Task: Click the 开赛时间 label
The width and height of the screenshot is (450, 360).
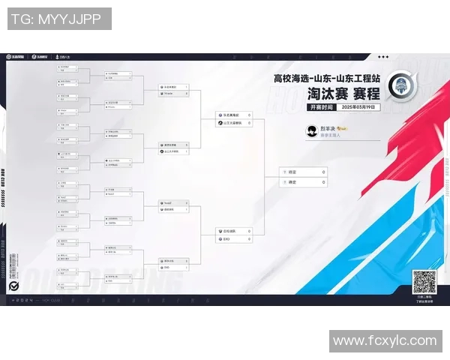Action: coord(319,107)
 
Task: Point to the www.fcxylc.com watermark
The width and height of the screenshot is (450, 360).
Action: coord(385,341)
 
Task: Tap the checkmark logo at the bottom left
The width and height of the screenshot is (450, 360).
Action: coord(13,286)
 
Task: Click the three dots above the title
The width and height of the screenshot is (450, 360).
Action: coord(383,57)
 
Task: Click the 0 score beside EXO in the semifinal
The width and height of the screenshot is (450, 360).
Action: coord(249,240)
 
